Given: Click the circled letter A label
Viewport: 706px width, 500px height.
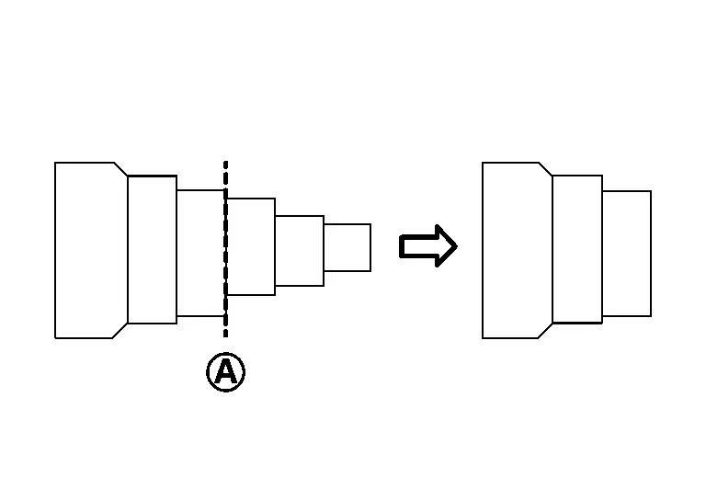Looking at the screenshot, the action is [225, 372].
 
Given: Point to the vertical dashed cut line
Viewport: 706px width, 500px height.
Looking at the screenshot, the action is [225, 249].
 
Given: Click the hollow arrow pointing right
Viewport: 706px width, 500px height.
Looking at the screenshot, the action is [428, 246].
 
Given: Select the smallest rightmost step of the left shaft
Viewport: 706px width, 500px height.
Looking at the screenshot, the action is [347, 247].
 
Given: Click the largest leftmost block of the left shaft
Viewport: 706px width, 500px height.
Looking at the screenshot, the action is [91, 250].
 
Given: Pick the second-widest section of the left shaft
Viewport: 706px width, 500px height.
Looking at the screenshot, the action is [153, 249].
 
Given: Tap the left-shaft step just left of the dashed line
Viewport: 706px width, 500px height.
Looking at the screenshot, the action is [200, 254].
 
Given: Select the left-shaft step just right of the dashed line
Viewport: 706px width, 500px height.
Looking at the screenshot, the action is [251, 246].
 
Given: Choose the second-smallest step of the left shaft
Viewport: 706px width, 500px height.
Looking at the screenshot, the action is [300, 251].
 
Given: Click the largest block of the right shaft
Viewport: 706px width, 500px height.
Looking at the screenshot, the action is [518, 250].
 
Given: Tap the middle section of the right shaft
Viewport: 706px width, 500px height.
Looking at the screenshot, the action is [577, 249].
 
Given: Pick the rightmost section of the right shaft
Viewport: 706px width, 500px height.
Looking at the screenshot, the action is [627, 254].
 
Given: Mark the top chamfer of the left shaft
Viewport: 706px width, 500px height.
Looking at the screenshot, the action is [120, 169].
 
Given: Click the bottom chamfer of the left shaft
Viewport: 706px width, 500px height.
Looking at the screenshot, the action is [120, 330].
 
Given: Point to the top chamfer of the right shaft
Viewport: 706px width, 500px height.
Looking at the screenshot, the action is [546, 169].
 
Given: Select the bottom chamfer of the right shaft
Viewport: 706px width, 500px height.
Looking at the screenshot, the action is [545, 330].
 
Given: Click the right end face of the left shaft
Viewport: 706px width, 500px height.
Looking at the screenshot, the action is [370, 247].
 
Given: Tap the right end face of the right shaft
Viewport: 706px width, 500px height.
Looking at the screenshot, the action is [651, 254].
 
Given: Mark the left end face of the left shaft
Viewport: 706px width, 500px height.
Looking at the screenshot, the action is [55, 250].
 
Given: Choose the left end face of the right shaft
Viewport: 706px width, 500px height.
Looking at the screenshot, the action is [483, 250].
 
